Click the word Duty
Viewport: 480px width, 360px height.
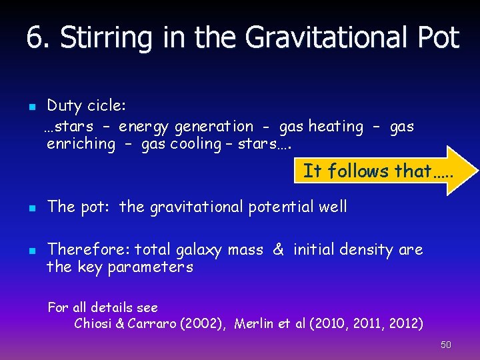[64, 106]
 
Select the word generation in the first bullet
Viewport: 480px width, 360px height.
[213, 127]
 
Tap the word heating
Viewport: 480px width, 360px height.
[336, 126]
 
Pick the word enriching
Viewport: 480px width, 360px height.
[81, 144]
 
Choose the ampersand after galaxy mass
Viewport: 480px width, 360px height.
[279, 250]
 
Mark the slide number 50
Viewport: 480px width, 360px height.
[445, 345]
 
